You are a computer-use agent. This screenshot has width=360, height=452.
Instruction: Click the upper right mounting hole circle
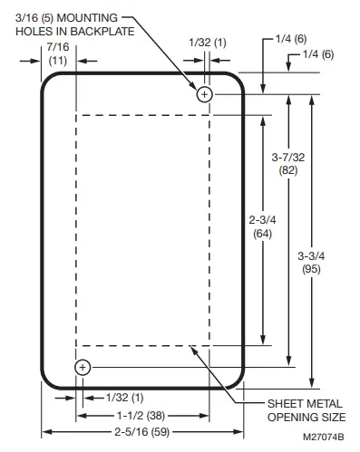click(x=205, y=93)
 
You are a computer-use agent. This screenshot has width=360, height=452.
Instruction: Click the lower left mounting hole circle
click(x=83, y=367)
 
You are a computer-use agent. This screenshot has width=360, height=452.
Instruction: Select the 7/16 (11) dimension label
click(x=58, y=53)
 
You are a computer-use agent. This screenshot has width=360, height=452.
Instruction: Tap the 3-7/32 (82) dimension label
click(x=289, y=164)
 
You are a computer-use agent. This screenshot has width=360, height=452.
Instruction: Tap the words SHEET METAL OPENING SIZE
click(x=306, y=410)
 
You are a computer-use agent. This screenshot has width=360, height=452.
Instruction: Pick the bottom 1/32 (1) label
click(x=125, y=398)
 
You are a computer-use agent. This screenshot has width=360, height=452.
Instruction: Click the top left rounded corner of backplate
click(x=50, y=81)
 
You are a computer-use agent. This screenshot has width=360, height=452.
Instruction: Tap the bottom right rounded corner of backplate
click(x=238, y=380)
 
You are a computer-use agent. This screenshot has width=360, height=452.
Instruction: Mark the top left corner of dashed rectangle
click(x=78, y=115)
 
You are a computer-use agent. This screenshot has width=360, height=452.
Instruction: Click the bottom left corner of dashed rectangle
click(x=78, y=345)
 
